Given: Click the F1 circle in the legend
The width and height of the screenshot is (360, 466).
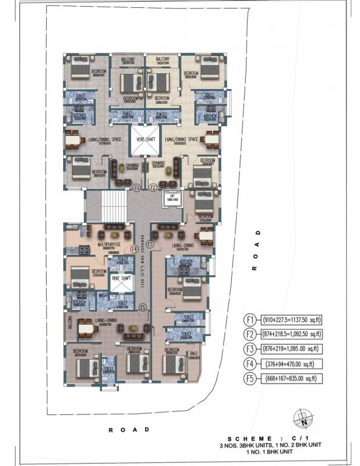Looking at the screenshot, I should [250, 320].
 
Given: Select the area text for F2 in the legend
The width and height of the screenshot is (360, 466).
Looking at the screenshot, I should [290, 334].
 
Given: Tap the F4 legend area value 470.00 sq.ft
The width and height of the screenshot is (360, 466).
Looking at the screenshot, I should [290, 363].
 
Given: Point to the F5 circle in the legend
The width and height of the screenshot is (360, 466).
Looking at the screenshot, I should [250, 378].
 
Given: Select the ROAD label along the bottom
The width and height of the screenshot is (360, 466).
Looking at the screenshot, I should [129, 430].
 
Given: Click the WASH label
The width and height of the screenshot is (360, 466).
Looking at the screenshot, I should [103, 296].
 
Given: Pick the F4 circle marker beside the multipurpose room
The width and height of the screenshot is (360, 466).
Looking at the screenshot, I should [135, 248].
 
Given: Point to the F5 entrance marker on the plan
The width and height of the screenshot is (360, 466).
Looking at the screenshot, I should [142, 308].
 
